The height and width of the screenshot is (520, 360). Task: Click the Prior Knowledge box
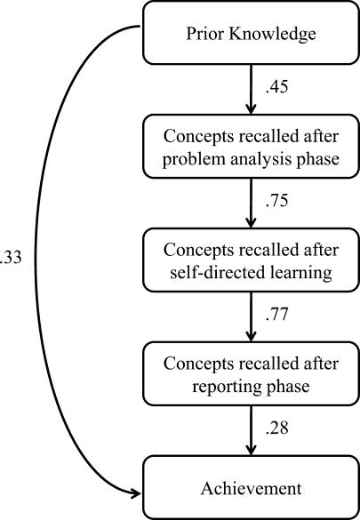tap(251, 34)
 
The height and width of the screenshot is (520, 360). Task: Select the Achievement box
tap(251, 488)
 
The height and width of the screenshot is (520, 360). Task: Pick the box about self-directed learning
tap(251, 261)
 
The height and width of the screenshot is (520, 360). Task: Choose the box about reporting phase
tap(251, 374)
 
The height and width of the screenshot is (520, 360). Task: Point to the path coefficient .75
tap(278, 204)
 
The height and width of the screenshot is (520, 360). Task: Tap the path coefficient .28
tap(278, 431)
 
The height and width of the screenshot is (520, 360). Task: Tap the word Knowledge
tap(269, 35)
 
